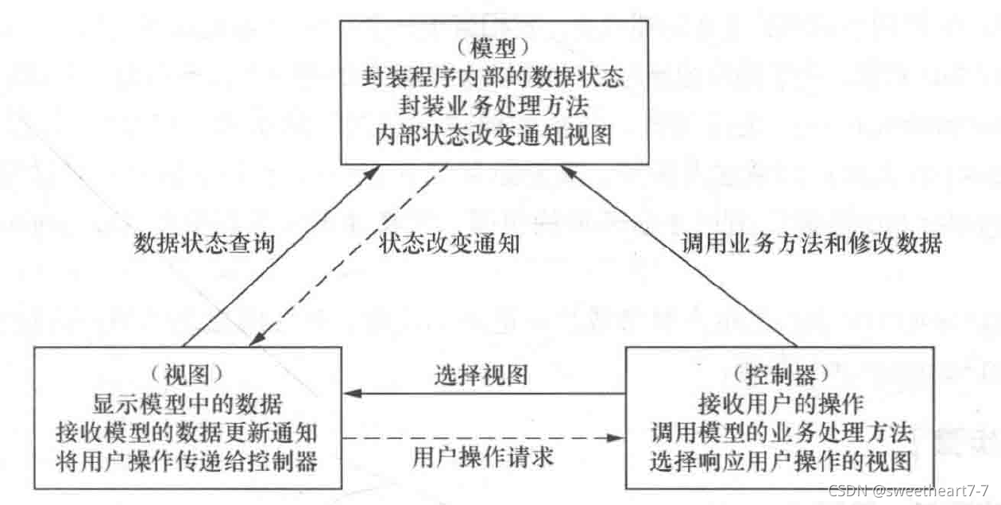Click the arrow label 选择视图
coord(481,374)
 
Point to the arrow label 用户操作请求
coord(482,458)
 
